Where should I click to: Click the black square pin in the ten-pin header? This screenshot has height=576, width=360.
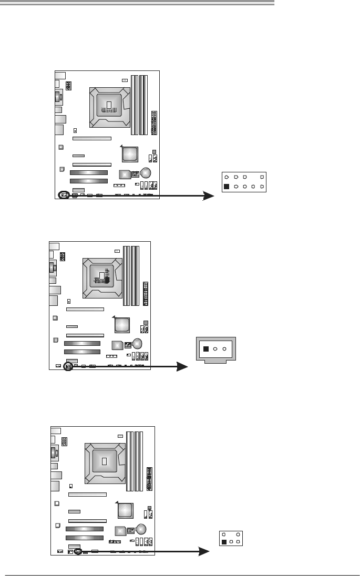(x=227, y=187)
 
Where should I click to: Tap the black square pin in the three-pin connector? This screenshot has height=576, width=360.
(x=207, y=349)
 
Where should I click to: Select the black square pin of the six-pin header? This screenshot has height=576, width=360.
(x=224, y=541)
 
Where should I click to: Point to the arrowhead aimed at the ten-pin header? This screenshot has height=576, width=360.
(x=210, y=196)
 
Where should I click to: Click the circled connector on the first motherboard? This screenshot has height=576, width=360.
(x=64, y=195)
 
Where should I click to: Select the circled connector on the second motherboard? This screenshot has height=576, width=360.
(x=67, y=366)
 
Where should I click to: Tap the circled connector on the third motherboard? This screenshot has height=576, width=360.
(x=78, y=552)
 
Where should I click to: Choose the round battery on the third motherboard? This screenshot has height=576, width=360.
(x=141, y=529)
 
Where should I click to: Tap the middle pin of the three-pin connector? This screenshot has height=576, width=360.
(x=215, y=349)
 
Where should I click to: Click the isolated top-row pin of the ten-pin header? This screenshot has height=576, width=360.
(x=262, y=177)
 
